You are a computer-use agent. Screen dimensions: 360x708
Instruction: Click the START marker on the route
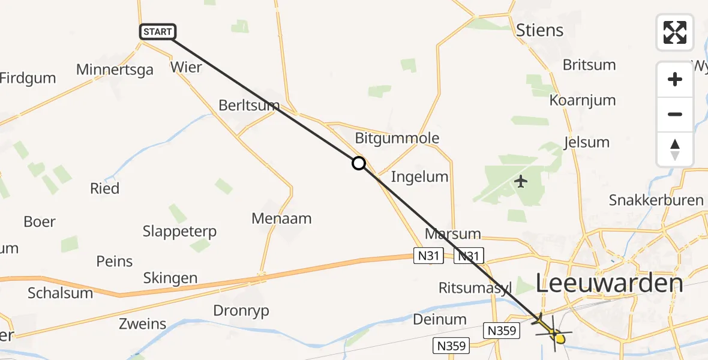coord(157,32)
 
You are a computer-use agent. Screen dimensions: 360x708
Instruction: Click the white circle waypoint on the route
coord(358,163)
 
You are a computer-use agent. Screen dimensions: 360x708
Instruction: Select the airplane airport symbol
coord(521,181)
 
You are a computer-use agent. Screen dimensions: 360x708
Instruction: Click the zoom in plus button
coord(675,79)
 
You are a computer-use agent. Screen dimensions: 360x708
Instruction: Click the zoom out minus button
coord(675,114)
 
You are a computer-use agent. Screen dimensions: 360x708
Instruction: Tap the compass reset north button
coord(675,149)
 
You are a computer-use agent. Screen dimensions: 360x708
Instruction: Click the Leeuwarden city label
coord(609,284)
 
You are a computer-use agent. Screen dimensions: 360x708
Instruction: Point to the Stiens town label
coord(540,30)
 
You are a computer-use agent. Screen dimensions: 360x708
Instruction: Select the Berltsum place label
coord(249,106)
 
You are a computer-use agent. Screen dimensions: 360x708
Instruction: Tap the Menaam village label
coord(281,218)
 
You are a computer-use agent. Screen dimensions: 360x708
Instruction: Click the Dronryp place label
coord(241,311)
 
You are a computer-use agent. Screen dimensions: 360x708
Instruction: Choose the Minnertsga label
coord(115,70)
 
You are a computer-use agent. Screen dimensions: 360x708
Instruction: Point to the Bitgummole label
coord(397,138)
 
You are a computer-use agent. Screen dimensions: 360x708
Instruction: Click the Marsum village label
coord(453,233)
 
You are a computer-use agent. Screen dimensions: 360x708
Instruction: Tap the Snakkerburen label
coord(656,200)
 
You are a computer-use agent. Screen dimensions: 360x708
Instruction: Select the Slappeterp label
coord(179,231)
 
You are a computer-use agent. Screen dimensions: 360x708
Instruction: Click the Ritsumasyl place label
coord(475,287)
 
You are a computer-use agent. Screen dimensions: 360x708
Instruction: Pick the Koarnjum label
coord(583,100)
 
